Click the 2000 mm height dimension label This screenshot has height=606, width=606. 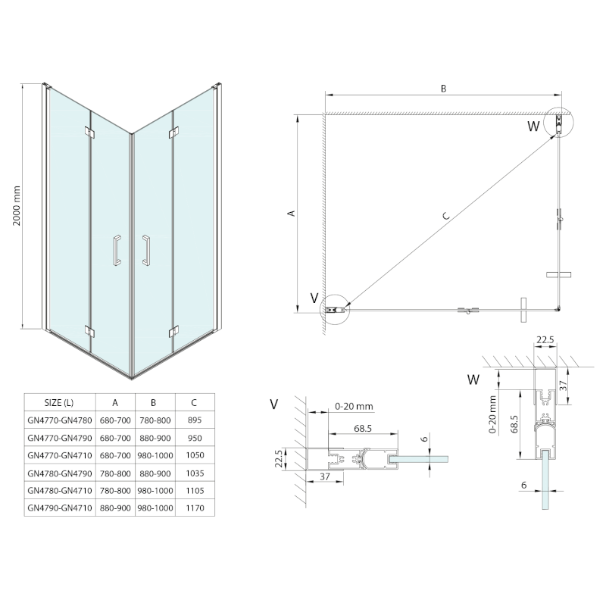28,207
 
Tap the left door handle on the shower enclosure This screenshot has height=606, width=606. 116,250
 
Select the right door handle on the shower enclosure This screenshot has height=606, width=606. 145,250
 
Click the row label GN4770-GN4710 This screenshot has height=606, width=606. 58,454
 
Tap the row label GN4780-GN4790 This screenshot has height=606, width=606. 58,473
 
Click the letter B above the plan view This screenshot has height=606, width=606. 444,88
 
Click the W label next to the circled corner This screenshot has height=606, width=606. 534,125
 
